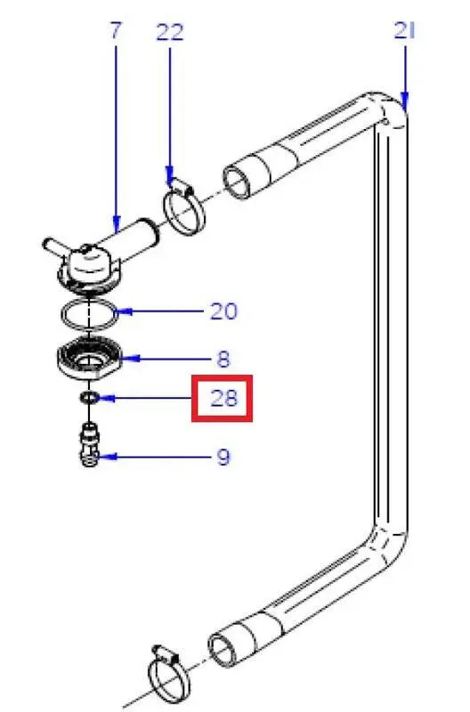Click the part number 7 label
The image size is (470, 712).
pos(115,31)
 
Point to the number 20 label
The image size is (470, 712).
pos(223,311)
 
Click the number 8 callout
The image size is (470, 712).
pos(223,360)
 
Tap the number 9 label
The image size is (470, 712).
pos(223,457)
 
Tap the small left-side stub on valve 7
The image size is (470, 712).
pos(52,242)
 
